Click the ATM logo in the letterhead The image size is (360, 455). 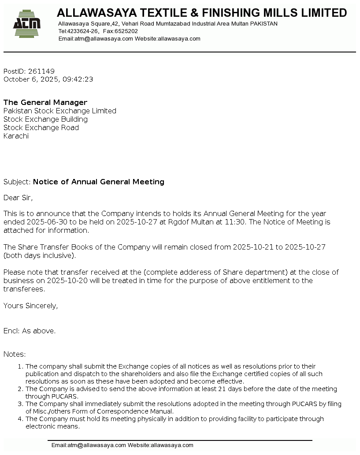[x=27, y=22]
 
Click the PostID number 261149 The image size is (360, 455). [x=41, y=71]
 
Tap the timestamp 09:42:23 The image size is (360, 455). [x=78, y=79]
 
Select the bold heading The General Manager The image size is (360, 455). [x=45, y=102]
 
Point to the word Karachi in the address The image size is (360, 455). [x=16, y=136]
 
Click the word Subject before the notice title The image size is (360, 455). [x=16, y=182]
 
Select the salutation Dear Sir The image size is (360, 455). [x=18, y=198]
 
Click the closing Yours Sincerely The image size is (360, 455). [x=30, y=306]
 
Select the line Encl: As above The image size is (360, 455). [x=30, y=331]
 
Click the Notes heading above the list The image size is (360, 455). [x=15, y=354]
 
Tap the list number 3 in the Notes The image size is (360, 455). [x=20, y=404]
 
